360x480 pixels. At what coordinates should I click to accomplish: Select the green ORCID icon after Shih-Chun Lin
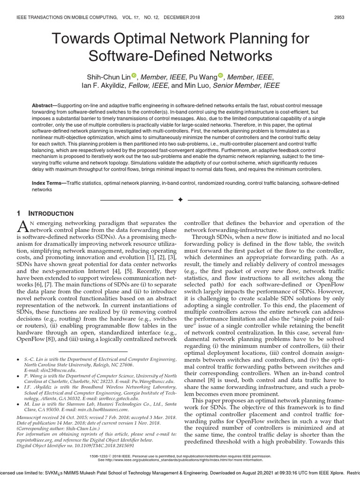click(134, 76)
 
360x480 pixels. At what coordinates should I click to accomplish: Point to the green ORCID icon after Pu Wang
click(221, 76)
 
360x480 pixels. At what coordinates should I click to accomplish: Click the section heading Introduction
click(48, 214)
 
